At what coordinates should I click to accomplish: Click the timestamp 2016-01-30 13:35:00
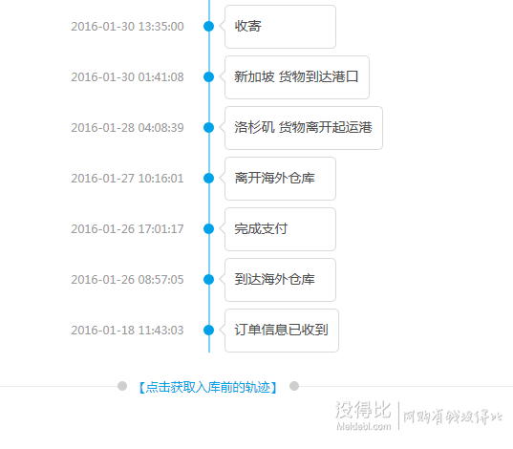click(127, 27)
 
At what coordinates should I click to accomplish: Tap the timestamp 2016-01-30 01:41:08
click(127, 77)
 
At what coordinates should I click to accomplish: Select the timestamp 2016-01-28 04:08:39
click(127, 128)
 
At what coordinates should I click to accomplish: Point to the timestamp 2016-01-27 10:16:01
click(127, 179)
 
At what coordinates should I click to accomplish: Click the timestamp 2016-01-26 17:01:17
click(127, 229)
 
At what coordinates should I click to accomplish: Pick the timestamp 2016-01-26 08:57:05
click(127, 280)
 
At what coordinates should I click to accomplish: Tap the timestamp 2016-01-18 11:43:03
click(127, 331)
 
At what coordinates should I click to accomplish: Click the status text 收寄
click(247, 26)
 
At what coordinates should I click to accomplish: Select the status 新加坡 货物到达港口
click(296, 77)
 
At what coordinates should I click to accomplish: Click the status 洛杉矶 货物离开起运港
click(303, 128)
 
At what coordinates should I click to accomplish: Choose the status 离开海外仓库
click(274, 179)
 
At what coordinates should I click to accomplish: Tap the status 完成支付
click(261, 228)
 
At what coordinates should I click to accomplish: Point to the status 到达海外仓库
click(274, 280)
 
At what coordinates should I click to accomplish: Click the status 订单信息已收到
click(281, 330)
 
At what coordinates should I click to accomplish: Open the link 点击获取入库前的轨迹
click(208, 387)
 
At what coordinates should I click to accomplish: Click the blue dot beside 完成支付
click(208, 228)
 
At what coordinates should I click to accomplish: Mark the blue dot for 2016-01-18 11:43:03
click(208, 331)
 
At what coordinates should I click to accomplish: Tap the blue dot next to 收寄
click(208, 26)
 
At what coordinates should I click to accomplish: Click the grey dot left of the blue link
click(122, 386)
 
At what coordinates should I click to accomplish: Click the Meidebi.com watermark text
click(363, 426)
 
